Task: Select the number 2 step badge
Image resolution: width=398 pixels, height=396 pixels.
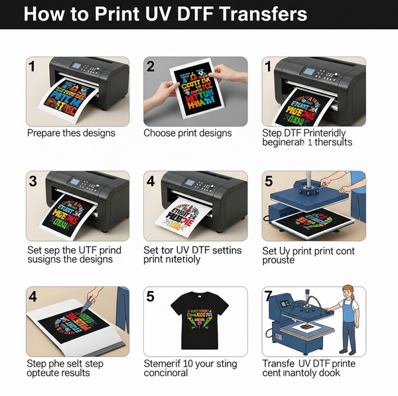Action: pos(151,66)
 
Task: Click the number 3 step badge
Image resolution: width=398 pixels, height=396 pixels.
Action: pos(33,181)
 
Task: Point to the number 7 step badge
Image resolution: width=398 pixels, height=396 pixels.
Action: pos(269,296)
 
